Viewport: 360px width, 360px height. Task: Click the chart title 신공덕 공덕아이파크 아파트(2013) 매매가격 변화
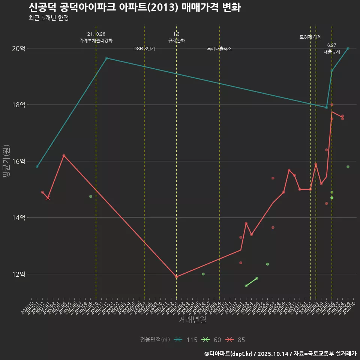pos(135,7)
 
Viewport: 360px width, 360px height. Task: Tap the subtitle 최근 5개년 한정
pos(48,18)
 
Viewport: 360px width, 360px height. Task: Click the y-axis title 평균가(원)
pos(7,161)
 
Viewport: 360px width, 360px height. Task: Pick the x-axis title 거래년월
pos(192,320)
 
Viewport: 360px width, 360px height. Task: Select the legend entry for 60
pos(212,340)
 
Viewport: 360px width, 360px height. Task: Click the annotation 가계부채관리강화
pos(96,40)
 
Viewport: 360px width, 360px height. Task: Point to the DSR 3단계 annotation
pos(144,49)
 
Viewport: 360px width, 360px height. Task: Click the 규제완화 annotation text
pos(176,40)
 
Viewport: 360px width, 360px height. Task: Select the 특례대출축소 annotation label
pos(219,49)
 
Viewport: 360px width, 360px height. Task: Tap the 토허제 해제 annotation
pos(310,37)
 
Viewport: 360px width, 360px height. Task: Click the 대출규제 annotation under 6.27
pos(331,51)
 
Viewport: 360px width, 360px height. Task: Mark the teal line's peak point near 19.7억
pos(107,58)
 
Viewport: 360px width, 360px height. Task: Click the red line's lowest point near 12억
pos(176,277)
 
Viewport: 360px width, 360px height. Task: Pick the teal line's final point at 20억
pos(348,48)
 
